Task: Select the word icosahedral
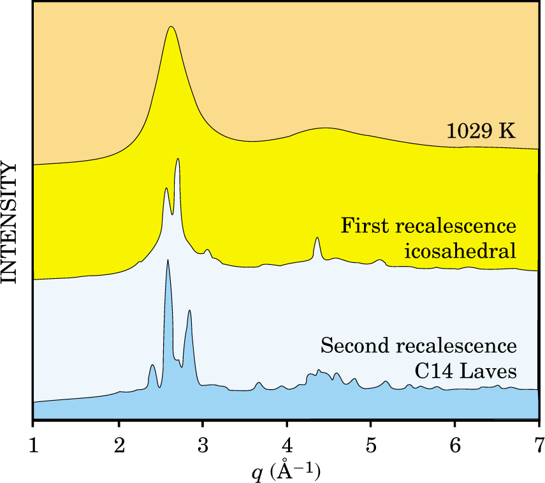(x=460, y=251)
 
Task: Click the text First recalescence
(x=428, y=227)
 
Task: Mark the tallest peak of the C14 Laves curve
(x=168, y=260)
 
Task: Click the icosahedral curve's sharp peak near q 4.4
(x=317, y=238)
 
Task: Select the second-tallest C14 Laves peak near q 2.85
(x=189, y=311)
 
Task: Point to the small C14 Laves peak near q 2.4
(x=152, y=365)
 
